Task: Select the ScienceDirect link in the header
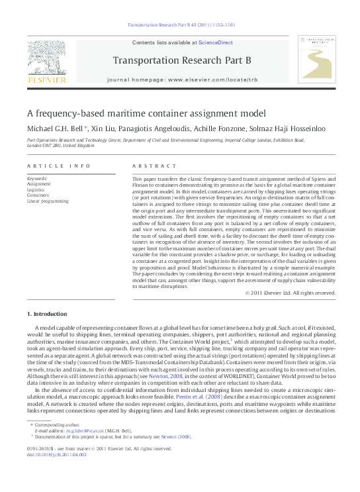tap(212, 42)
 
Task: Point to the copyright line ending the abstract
tap(287, 293)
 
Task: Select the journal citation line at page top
tap(180, 25)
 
